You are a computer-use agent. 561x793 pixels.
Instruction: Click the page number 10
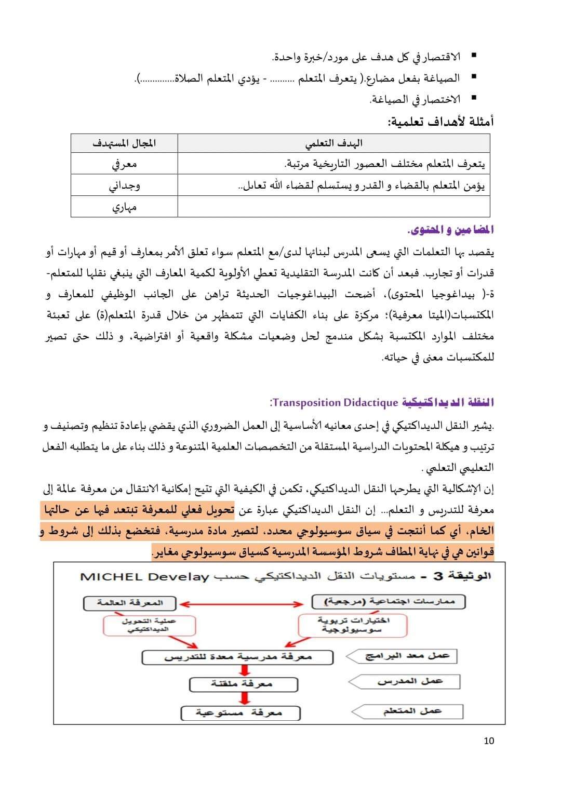pos(489,741)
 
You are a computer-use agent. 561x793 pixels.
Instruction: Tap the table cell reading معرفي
pos(124,164)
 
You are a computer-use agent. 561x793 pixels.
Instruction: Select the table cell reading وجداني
pos(124,185)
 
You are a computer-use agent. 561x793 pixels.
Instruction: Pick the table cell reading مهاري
pos(124,207)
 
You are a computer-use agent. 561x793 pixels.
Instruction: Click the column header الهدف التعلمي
pos(333,143)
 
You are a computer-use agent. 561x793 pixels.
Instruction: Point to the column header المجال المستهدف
pos(124,143)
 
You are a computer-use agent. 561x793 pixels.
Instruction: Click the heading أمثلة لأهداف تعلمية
pos(440,122)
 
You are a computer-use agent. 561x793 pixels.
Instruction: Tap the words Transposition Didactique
pos(335,402)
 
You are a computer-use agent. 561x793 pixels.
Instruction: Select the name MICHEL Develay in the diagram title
pos(145,577)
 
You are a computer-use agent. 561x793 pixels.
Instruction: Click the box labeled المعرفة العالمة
pos(130,603)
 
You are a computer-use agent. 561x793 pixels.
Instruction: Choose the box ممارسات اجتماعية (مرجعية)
pos(389,602)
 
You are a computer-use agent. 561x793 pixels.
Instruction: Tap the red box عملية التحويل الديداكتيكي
pos(149,625)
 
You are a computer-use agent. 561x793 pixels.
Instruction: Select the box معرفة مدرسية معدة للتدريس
pos(238,657)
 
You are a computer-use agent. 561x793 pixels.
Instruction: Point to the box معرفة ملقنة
pos(244,684)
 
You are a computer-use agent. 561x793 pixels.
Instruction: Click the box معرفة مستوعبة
pos(241,712)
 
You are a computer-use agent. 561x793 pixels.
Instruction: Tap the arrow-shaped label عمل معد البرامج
pos(405,656)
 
